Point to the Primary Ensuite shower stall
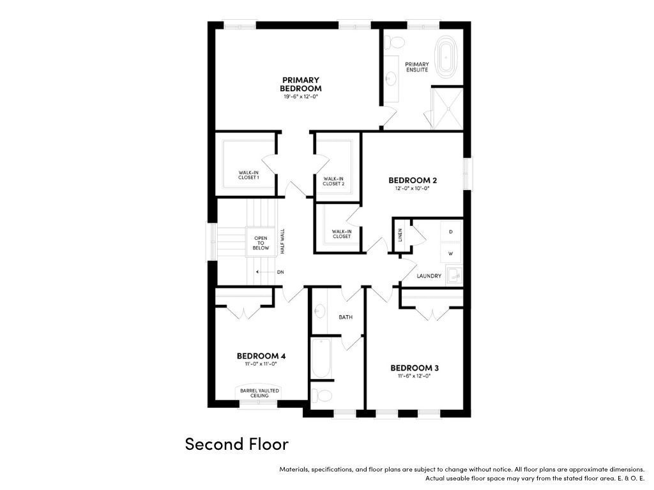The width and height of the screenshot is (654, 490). pyautogui.click(x=447, y=108)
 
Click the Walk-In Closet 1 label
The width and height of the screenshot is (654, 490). pyautogui.click(x=248, y=175)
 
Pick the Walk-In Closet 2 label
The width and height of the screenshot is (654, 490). pyautogui.click(x=333, y=181)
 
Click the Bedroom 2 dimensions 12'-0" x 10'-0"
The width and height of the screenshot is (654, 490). pyautogui.click(x=413, y=188)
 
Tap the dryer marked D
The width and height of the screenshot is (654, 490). pyautogui.click(x=451, y=232)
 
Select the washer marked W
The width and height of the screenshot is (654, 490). pyautogui.click(x=451, y=253)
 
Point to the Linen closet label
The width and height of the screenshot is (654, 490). pyautogui.click(x=400, y=235)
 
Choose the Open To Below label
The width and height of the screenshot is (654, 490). pyautogui.click(x=261, y=243)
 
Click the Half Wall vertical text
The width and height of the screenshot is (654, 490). pyautogui.click(x=282, y=241)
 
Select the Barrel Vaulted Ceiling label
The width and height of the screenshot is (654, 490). pyautogui.click(x=259, y=393)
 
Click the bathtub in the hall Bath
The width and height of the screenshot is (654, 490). pyautogui.click(x=321, y=358)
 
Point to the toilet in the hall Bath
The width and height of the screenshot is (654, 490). pyautogui.click(x=322, y=395)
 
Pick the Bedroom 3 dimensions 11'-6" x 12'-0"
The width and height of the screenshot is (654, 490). pyautogui.click(x=414, y=376)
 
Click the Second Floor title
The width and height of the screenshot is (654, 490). pyautogui.click(x=237, y=444)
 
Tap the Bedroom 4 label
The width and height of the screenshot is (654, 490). pyautogui.click(x=261, y=356)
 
